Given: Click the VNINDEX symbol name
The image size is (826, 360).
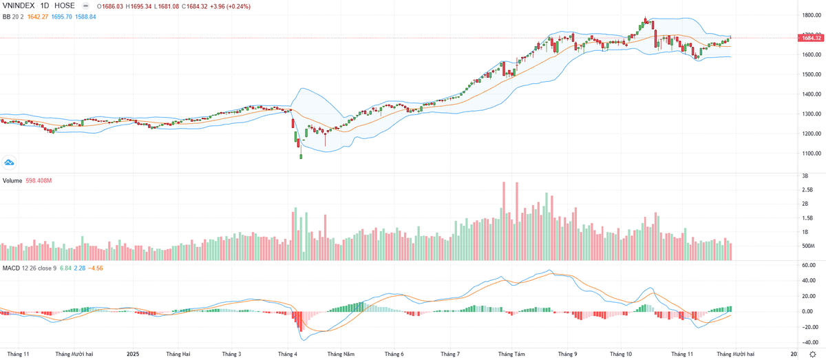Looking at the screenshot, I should [x=17, y=6].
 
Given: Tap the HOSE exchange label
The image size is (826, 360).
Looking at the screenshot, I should [x=65, y=6].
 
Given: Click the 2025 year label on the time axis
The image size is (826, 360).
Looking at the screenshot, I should [x=132, y=354].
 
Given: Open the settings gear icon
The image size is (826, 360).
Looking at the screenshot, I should [x=812, y=354].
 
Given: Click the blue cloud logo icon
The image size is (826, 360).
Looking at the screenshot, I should [x=10, y=162].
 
